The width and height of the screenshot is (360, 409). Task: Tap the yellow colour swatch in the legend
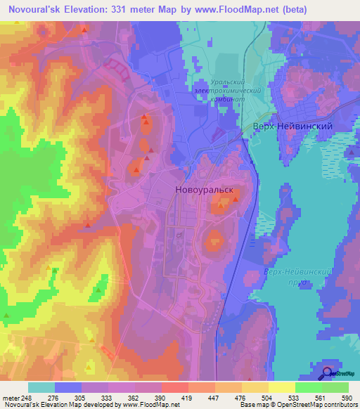tap(281, 387)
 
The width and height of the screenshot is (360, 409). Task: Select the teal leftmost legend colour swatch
tap(41, 387)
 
